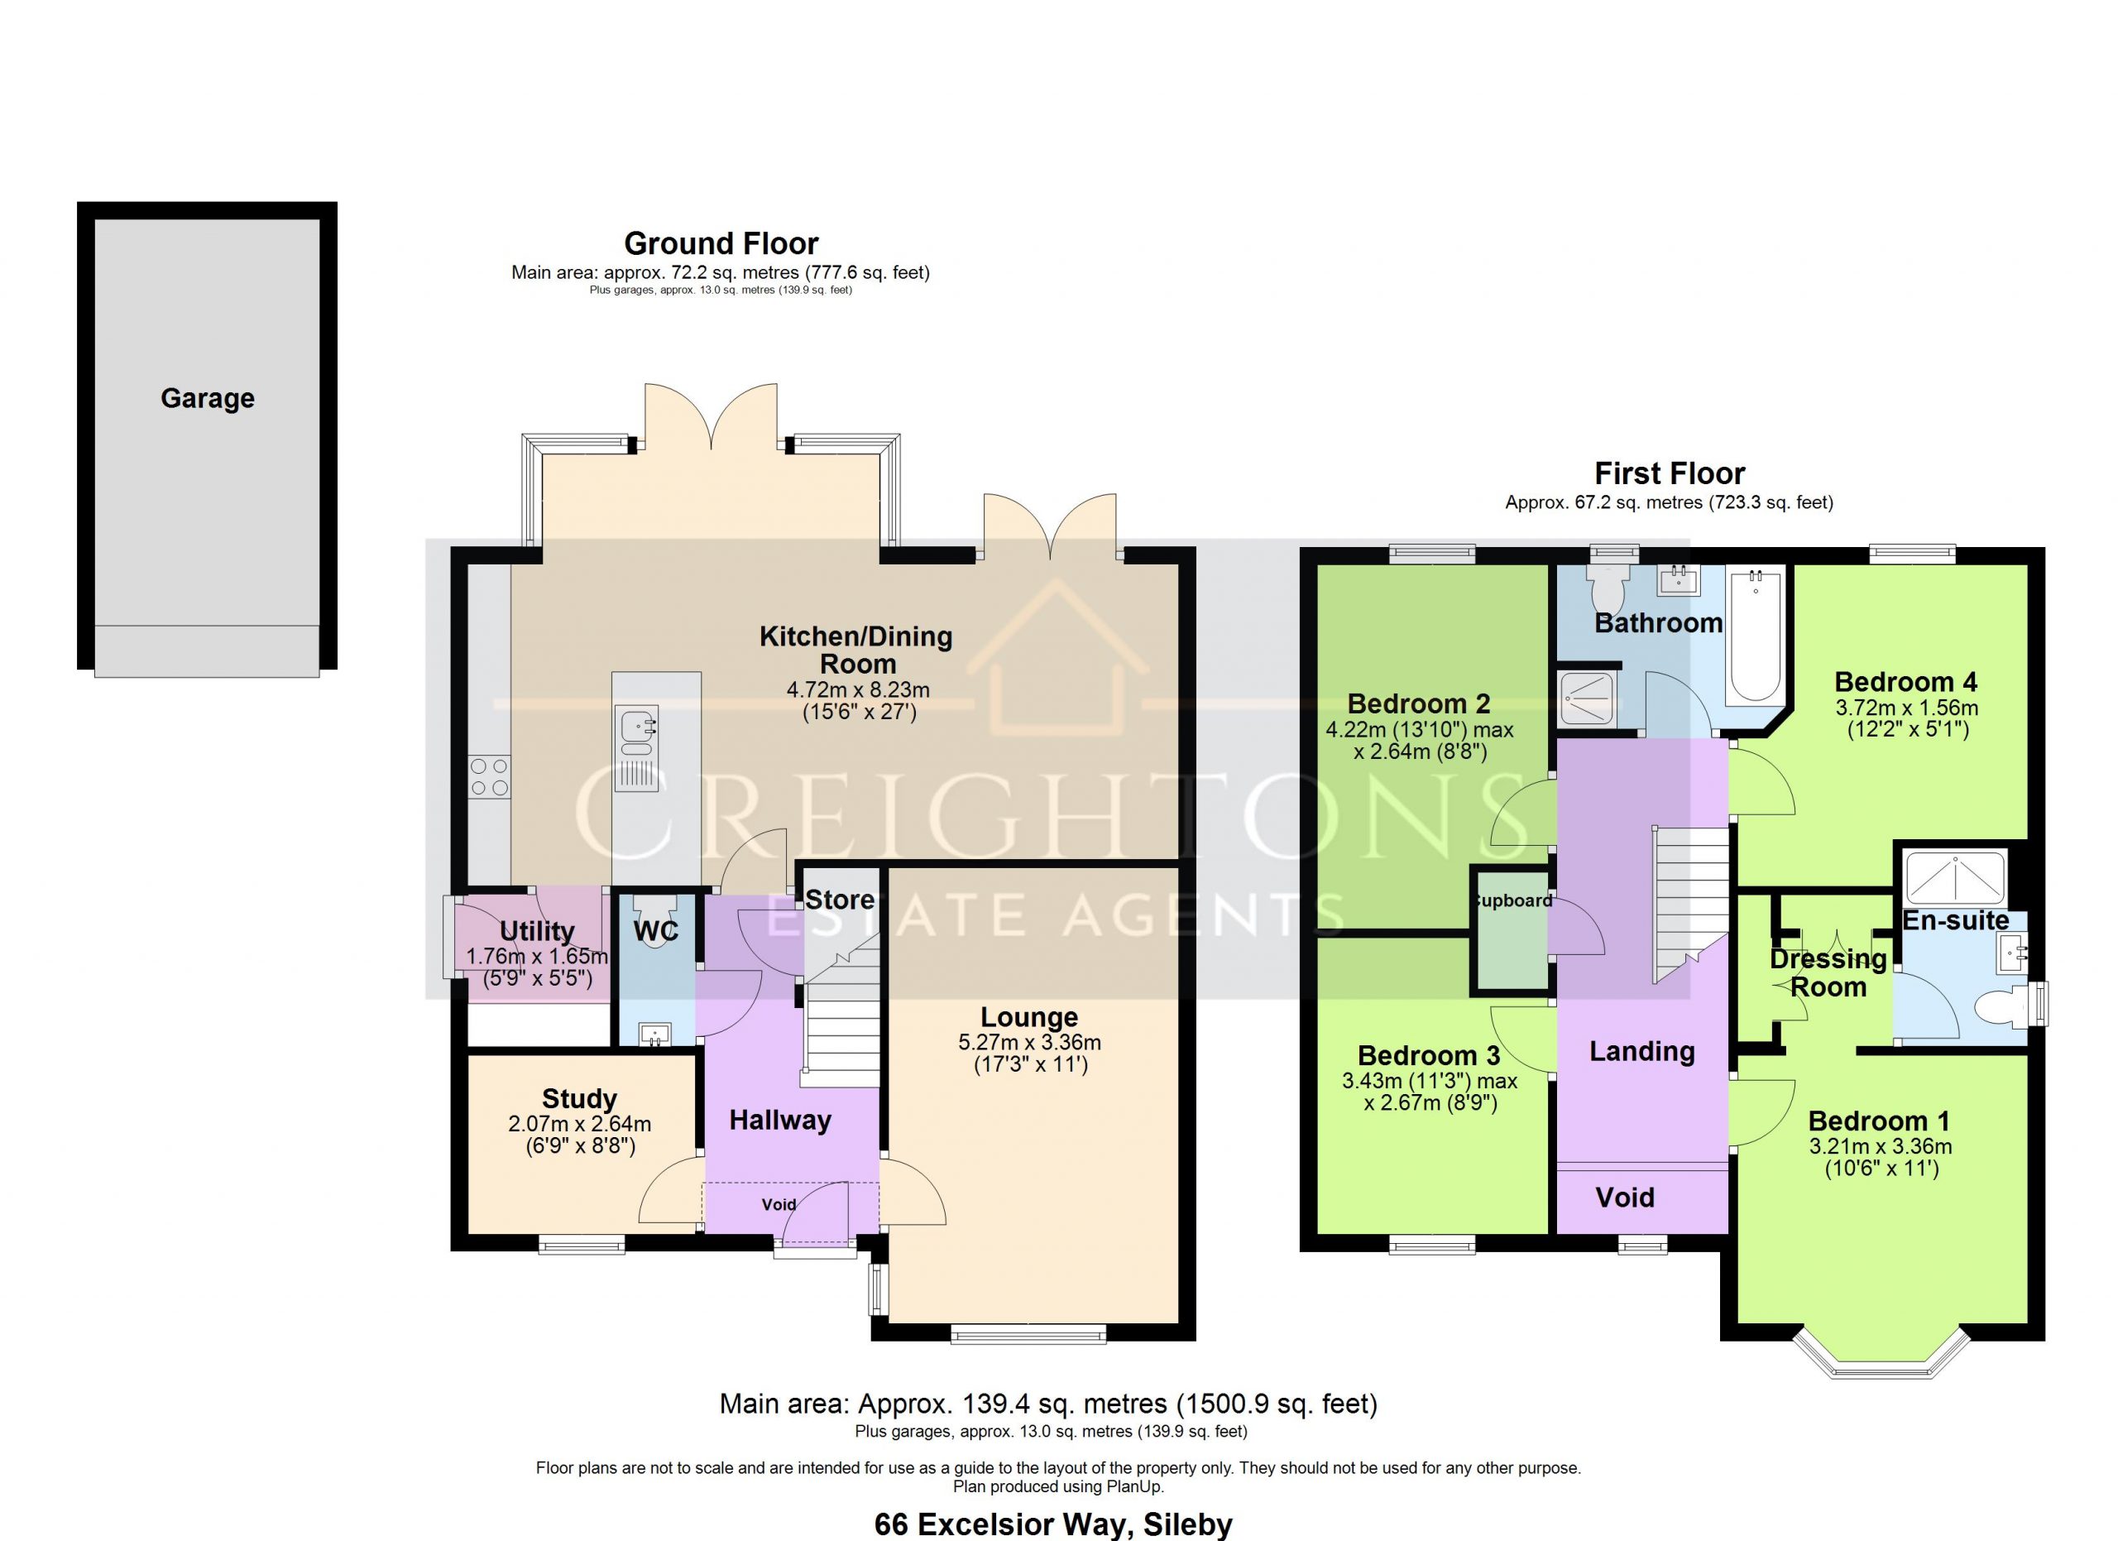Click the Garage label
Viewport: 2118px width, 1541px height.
(x=208, y=399)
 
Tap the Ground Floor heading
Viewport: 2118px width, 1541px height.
(x=721, y=244)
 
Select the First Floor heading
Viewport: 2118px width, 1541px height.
(x=1670, y=473)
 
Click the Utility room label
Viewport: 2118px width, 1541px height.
(x=537, y=931)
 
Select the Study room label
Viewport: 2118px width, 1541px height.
(x=579, y=1098)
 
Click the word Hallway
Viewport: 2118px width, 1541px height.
(x=780, y=1121)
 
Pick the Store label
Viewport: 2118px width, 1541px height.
(x=840, y=900)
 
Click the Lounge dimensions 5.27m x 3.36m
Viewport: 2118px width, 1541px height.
(x=1029, y=1042)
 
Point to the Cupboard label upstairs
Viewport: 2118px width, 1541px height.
(x=1512, y=901)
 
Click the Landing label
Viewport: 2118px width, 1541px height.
(x=1641, y=1052)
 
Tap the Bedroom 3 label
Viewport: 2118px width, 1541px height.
(x=1429, y=1055)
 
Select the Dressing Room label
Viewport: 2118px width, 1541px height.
(x=1828, y=973)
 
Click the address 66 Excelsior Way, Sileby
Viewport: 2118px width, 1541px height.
(x=1053, y=1524)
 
